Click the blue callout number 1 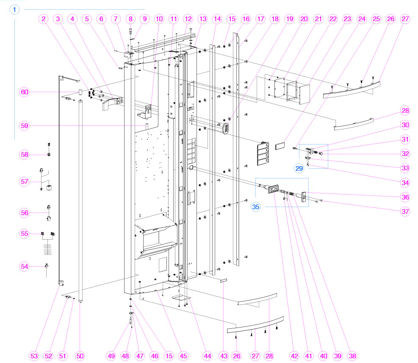[15, 9]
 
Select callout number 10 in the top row [159, 19]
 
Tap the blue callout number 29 [299, 168]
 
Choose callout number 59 [25, 126]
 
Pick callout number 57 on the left [25, 182]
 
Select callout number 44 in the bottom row [207, 356]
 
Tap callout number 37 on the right [406, 211]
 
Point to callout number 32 [406, 153]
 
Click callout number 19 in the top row [289, 19]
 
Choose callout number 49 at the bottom [111, 356]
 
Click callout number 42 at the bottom [294, 356]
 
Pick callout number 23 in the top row [347, 19]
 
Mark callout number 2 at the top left [44, 19]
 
